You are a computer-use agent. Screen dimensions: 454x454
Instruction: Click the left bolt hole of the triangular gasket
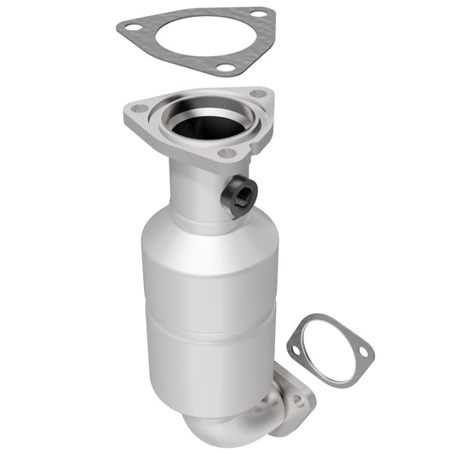click(131, 28)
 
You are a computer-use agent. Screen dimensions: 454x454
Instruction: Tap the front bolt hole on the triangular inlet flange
click(227, 153)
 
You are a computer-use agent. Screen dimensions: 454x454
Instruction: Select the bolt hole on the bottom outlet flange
click(298, 399)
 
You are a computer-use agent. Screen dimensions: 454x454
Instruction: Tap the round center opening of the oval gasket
click(329, 349)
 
